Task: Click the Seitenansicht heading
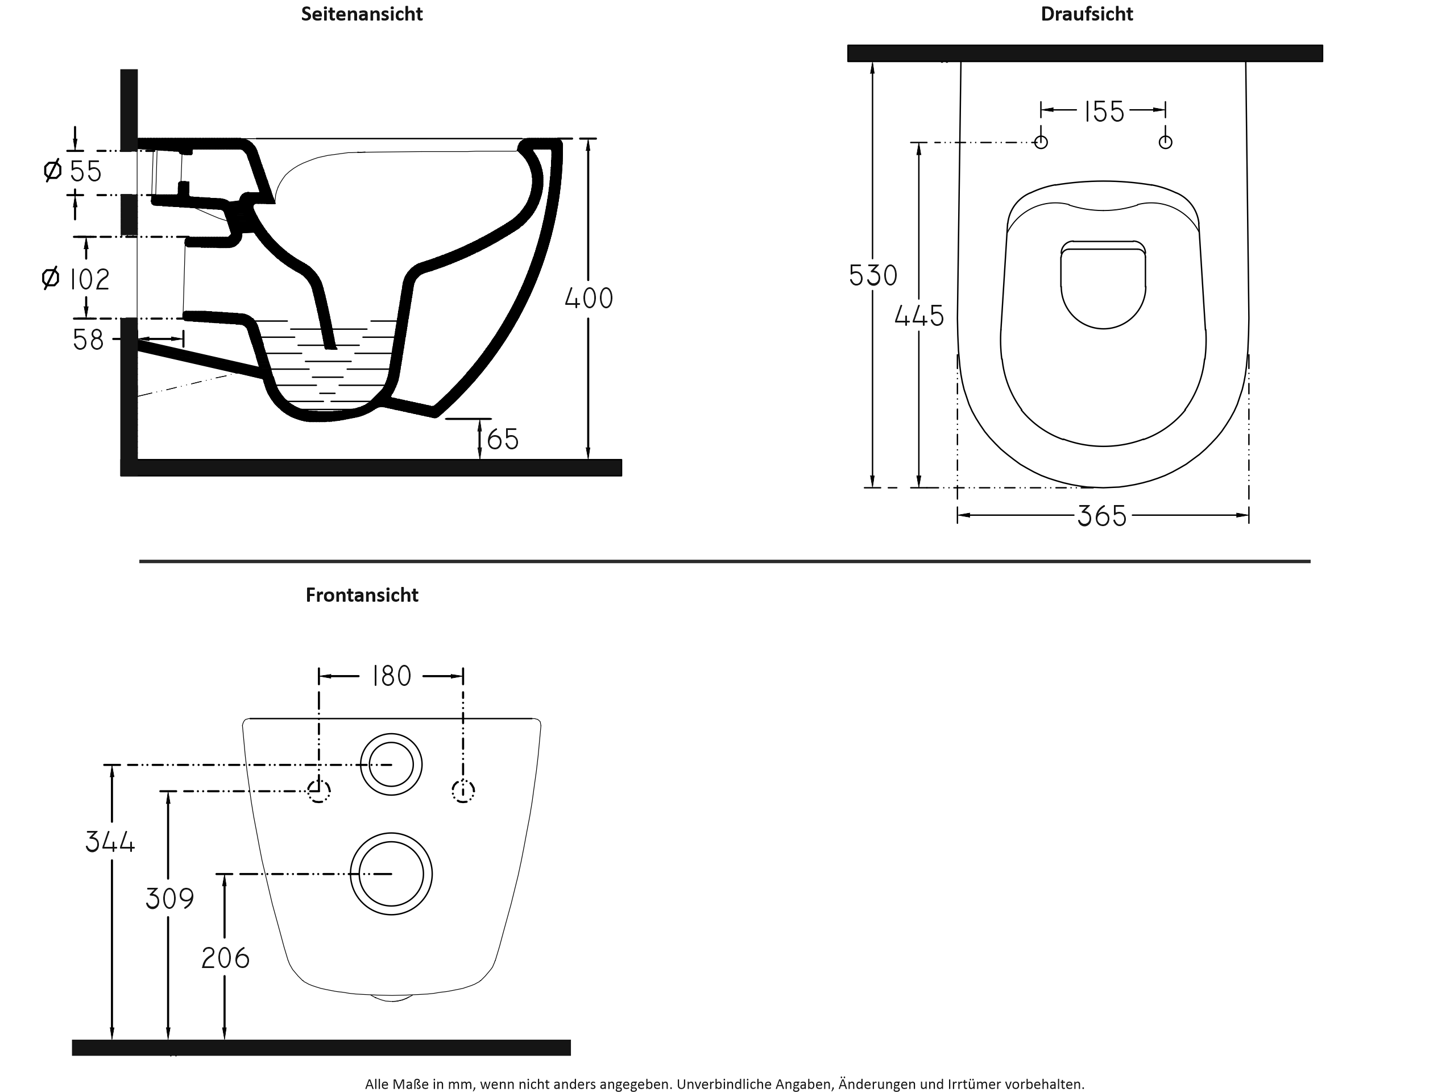click(x=361, y=14)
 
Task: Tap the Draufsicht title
click(x=1086, y=14)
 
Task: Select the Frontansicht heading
click(x=361, y=594)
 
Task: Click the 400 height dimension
click(x=589, y=298)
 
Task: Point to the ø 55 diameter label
click(x=73, y=171)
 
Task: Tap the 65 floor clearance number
click(x=503, y=439)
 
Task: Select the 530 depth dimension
click(x=872, y=275)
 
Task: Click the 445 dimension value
click(x=919, y=316)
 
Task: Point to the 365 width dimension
click(x=1102, y=516)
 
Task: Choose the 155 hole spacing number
click(x=1104, y=111)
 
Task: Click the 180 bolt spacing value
click(x=391, y=676)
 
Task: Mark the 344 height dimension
click(x=110, y=842)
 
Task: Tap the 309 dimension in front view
click(x=170, y=899)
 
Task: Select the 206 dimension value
click(x=226, y=958)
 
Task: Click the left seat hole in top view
click(x=1041, y=142)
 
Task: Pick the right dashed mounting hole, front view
click(x=463, y=791)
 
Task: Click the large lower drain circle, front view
click(x=391, y=874)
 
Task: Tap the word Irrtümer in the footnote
click(x=973, y=1084)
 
